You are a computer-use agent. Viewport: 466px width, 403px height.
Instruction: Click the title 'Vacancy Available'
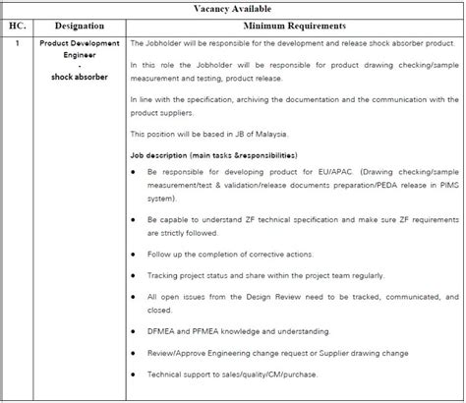(x=232, y=9)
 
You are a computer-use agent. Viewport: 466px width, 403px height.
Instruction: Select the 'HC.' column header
(x=16, y=26)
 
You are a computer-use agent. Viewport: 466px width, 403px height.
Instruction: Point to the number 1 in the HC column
(x=16, y=44)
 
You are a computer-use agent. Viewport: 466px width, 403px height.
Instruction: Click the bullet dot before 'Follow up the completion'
(x=135, y=249)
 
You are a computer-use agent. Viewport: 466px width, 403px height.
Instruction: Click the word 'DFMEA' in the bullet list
(x=162, y=331)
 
